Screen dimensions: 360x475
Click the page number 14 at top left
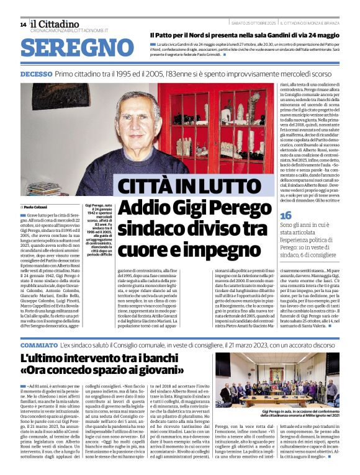pyautogui.click(x=23, y=24)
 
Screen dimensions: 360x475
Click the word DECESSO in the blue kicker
pyautogui.click(x=36, y=74)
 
